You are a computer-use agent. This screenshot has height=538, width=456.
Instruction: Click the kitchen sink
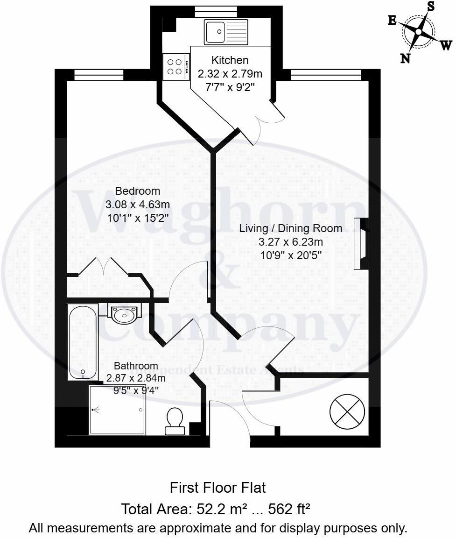[226, 32]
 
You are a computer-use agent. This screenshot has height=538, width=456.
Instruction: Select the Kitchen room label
[230, 60]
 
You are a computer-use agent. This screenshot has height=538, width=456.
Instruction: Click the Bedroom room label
[138, 191]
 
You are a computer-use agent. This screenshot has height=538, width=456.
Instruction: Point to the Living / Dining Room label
[291, 228]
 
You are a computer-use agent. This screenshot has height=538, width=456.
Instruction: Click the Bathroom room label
[136, 366]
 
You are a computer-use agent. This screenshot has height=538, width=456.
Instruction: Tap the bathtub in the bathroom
[83, 342]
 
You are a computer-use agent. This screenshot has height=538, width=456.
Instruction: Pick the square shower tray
[117, 410]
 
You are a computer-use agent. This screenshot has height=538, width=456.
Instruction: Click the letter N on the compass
[405, 58]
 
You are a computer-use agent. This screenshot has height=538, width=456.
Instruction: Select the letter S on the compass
[431, 6]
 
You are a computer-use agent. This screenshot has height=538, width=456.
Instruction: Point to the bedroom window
[98, 75]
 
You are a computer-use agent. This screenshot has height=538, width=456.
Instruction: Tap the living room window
[325, 75]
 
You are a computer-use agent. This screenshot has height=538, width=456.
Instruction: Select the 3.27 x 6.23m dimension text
[291, 242]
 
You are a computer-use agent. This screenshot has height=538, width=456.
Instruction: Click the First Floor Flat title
[218, 488]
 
